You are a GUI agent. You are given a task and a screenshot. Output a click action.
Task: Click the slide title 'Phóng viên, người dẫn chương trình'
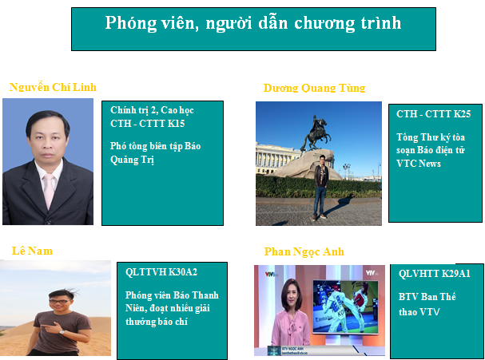[x=253, y=23]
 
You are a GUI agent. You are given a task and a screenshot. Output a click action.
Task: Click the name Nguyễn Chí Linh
[x=53, y=87]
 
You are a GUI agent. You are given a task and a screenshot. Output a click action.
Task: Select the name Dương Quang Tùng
[x=314, y=88]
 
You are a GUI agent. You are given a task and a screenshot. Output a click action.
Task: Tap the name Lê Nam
[x=32, y=251]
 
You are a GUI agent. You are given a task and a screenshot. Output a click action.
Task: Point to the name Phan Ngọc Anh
[x=304, y=252]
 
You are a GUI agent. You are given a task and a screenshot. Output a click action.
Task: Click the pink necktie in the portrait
[x=50, y=191]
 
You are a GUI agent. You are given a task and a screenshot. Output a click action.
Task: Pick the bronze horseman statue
[x=316, y=133]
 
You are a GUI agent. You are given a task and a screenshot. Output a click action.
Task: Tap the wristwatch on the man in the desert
[x=62, y=332]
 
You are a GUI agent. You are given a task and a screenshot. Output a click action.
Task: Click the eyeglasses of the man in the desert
[x=59, y=302]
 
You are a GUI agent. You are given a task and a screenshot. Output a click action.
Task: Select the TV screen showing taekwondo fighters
[x=345, y=307]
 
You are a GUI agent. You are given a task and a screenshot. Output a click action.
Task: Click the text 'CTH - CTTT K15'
[x=148, y=124]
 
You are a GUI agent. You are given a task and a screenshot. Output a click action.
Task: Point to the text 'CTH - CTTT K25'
[x=433, y=114]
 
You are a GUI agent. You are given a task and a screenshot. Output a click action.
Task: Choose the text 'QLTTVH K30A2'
[x=161, y=272]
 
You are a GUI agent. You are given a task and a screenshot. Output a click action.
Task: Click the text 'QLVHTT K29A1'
[x=435, y=274]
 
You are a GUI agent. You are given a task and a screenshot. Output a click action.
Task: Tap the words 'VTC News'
[x=419, y=164]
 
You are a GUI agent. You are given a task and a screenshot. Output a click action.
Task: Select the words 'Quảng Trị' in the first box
[x=132, y=160]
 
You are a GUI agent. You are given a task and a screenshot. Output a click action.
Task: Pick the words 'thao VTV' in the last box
[x=419, y=312]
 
